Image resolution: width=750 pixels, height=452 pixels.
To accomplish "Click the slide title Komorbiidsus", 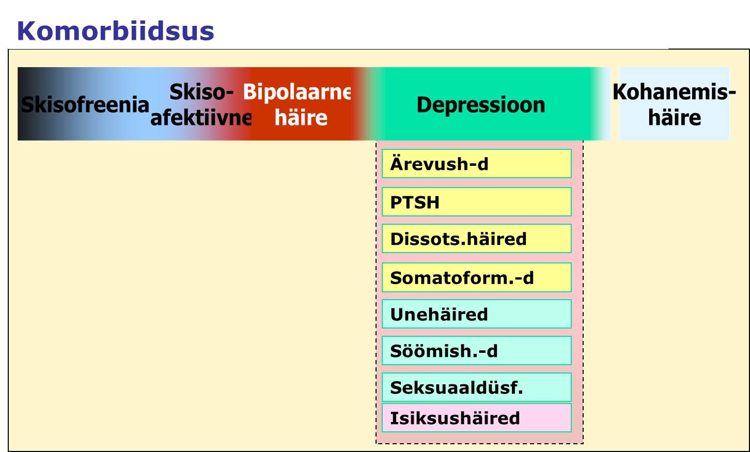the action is click(116, 31).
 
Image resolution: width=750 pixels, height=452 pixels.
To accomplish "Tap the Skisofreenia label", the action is click(85, 104).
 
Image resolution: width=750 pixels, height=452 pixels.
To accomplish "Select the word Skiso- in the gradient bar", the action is click(201, 91).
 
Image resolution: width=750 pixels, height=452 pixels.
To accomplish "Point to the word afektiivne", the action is click(201, 118).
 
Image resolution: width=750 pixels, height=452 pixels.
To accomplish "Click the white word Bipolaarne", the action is click(297, 92).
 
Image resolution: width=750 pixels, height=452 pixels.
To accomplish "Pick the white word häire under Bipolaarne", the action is click(301, 118).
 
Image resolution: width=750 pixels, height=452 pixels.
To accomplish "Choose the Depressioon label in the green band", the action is click(481, 105).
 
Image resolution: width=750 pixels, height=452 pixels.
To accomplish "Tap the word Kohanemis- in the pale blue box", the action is click(675, 92).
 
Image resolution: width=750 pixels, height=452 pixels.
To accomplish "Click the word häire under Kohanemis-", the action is click(675, 118).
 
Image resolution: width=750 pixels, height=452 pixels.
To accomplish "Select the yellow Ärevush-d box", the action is click(476, 163).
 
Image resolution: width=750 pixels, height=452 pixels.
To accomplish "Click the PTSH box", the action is click(476, 201).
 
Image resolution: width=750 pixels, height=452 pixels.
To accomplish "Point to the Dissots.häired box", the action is click(476, 238).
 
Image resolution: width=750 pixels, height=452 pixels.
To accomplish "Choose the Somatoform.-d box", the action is click(476, 277).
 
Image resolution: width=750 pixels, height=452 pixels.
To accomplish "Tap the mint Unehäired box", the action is click(476, 314).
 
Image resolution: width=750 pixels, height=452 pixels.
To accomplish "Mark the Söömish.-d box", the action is click(476, 351).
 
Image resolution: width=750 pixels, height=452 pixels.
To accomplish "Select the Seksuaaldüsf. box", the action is click(476, 387).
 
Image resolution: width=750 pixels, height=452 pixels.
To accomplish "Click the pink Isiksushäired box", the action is click(476, 417).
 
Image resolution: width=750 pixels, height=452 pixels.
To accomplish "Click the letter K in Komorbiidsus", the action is click(27, 31).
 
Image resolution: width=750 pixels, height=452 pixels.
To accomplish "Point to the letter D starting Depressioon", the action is click(424, 105).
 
